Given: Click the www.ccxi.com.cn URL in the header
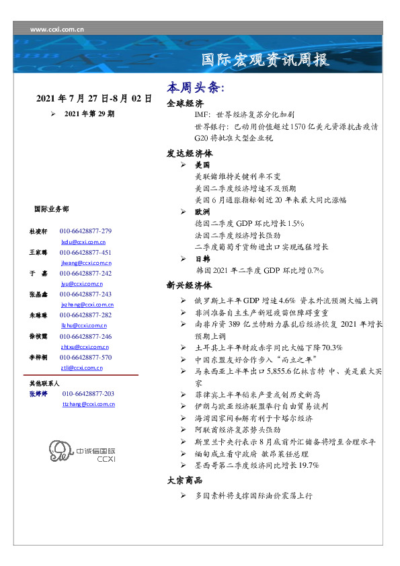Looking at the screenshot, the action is tap(57, 29).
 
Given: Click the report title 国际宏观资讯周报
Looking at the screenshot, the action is tap(266, 60).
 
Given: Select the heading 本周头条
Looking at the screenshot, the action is tap(196, 89).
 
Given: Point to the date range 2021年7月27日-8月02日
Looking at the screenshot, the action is tap(94, 99).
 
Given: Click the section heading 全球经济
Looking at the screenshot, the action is tap(186, 104).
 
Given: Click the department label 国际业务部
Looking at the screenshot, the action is tap(50, 209).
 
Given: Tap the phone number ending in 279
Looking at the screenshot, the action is tap(85, 231).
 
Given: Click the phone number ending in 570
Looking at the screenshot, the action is tap(85, 358).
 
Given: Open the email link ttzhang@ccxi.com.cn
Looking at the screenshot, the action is tap(88, 404).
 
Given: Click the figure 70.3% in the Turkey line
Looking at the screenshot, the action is tap(329, 348).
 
